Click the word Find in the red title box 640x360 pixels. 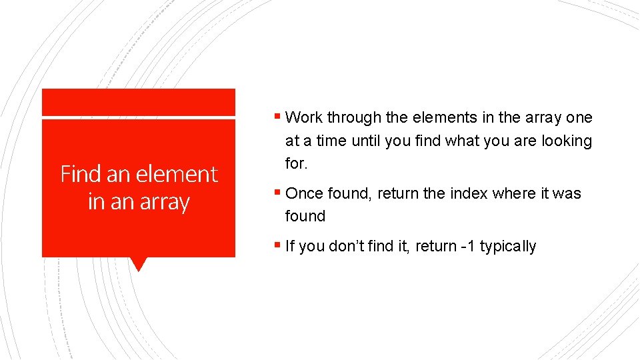81,174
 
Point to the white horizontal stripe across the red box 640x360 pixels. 138,118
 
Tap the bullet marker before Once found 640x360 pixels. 277,193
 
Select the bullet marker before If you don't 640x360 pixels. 277,246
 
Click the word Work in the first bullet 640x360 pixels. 304,118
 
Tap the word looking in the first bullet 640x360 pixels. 567,141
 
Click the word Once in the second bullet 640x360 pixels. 305,193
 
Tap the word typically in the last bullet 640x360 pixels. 508,246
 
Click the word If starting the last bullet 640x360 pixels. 290,246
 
